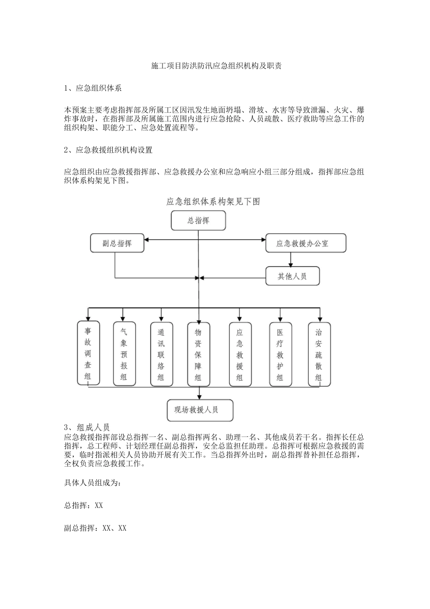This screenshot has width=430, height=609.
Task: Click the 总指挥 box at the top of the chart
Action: coord(198,221)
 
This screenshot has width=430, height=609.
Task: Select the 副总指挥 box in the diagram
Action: coord(117,243)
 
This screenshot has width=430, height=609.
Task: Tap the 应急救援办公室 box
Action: coord(306,243)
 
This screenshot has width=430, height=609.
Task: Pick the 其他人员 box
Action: coord(292,276)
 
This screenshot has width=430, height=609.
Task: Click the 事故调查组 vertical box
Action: coord(88,353)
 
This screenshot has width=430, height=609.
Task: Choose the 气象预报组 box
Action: coord(124,354)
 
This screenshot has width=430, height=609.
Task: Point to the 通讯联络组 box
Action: coord(161,354)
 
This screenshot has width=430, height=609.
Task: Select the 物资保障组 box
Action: coord(198,354)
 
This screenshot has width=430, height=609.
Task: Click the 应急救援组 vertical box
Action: coord(240,354)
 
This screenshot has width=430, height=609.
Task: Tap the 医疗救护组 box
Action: coord(280,354)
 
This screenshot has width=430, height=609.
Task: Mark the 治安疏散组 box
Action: coord(319,354)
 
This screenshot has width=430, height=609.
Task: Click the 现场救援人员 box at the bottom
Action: coord(200,410)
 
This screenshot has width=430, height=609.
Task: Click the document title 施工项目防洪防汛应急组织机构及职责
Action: coord(216,66)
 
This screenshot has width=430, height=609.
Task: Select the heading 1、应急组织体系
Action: coord(93,88)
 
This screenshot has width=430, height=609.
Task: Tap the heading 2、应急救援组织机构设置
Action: coord(108,150)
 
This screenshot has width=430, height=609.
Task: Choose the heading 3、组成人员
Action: coord(87,428)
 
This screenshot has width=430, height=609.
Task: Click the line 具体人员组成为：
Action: coord(93,483)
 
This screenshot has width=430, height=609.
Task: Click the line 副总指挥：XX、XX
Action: coord(96,528)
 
